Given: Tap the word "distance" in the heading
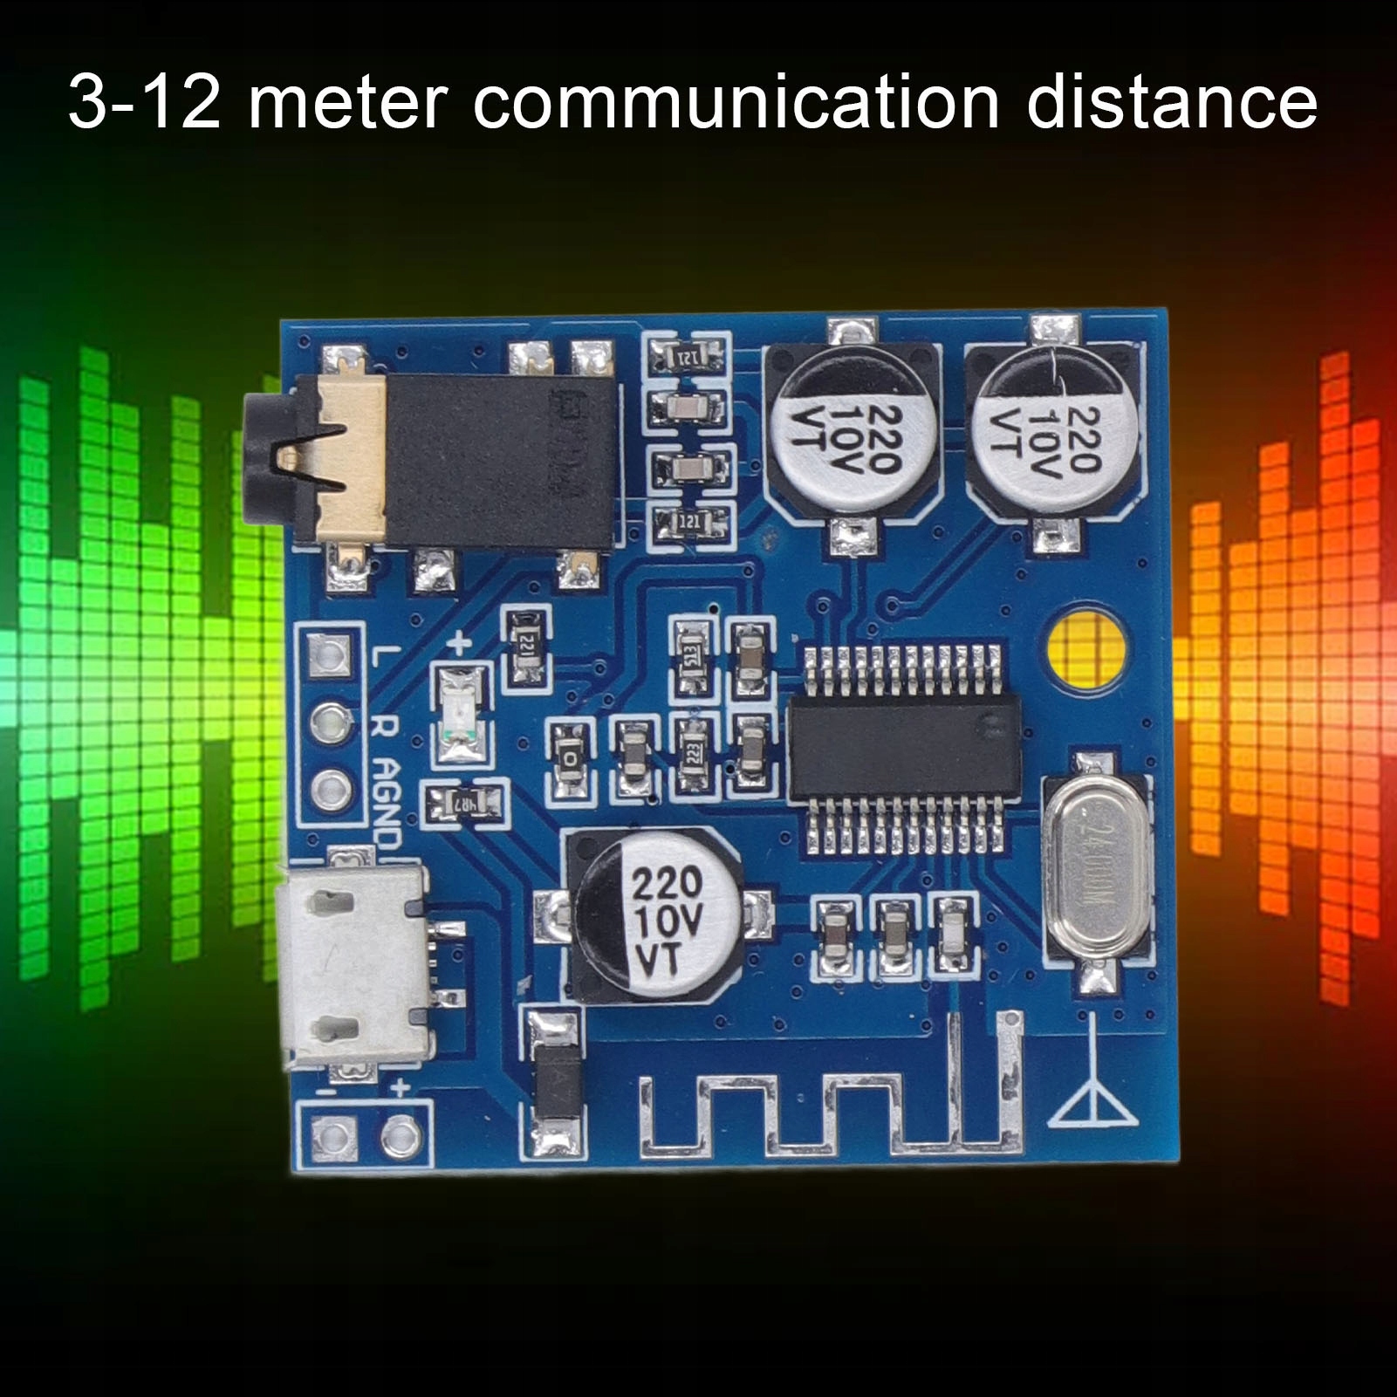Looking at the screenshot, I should click(1171, 104).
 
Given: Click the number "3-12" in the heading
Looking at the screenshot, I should click(144, 104).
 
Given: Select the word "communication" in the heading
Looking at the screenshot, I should click(736, 104).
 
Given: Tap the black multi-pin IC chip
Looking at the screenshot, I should click(904, 749).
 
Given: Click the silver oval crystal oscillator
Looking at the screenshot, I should click(1097, 866).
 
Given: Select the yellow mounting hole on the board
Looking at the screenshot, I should click(1085, 647).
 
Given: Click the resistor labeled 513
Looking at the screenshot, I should click(692, 657).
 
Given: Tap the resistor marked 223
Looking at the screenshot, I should click(694, 752).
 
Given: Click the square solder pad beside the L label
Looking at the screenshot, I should click(330, 654).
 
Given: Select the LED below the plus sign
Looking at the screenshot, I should click(461, 712).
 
